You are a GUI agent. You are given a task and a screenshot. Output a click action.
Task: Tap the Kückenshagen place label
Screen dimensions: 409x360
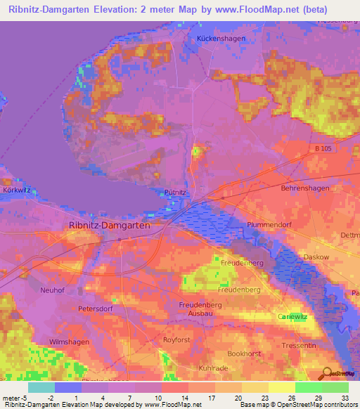219,38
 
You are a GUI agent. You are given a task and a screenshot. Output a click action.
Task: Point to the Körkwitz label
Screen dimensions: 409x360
15,190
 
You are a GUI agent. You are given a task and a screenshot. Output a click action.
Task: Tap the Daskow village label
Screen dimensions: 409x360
316,257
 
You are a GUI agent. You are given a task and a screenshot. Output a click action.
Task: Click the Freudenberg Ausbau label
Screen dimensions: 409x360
200,309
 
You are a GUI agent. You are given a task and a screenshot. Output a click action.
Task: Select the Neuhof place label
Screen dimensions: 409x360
53,290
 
